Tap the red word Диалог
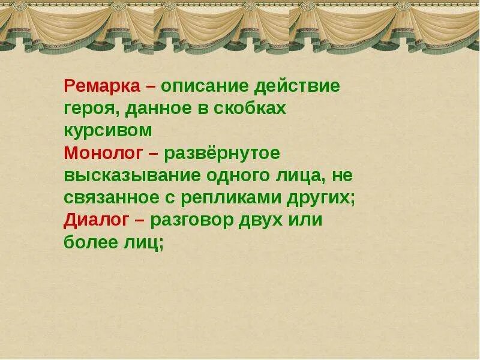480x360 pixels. (x=96, y=220)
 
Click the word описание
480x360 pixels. (x=204, y=86)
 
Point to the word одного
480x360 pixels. (x=236, y=175)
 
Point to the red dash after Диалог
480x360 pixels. (x=140, y=221)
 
